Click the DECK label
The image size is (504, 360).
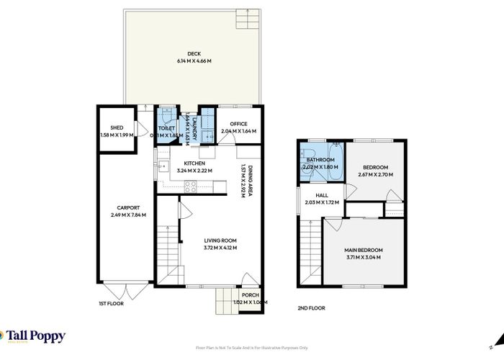pos(194,53)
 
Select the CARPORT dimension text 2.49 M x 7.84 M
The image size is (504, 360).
pos(128,215)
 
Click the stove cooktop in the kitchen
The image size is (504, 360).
pos(192,184)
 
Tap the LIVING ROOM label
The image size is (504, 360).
pos(220,240)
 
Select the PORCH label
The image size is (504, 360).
pos(250,294)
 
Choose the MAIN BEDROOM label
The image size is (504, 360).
pos(364,250)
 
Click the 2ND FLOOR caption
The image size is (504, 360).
pos(311,307)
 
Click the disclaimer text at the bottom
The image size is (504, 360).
pos(251,348)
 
